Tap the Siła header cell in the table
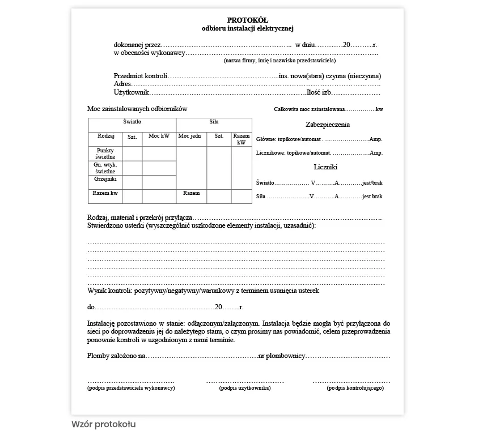click(214, 122)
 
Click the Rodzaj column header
click(106, 137)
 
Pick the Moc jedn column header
click(189, 137)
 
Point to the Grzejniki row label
click(105, 179)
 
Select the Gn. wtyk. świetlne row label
click(105, 168)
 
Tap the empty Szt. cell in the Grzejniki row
click(132, 182)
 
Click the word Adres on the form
click(123, 84)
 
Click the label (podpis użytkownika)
click(244, 388)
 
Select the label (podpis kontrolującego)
click(355, 388)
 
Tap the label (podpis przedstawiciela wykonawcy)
click(131, 388)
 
